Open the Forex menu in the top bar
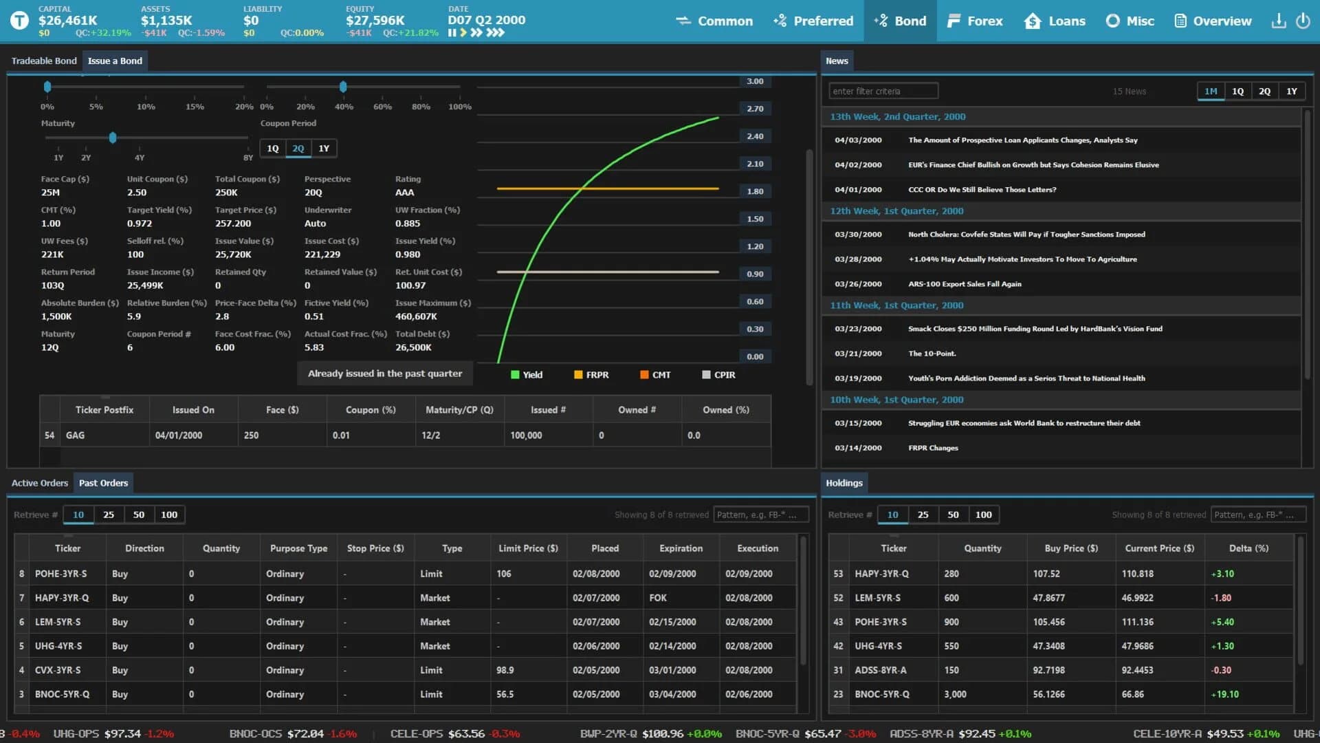pyautogui.click(x=974, y=21)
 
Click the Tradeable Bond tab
pyautogui.click(x=44, y=61)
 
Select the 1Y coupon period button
pyautogui.click(x=324, y=149)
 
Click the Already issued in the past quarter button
pyautogui.click(x=384, y=374)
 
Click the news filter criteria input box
pyautogui.click(x=883, y=91)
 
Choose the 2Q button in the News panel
pyautogui.click(x=1264, y=91)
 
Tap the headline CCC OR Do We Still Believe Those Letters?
pyautogui.click(x=982, y=190)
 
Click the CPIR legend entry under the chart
pyautogui.click(x=718, y=375)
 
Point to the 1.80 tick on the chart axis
pyautogui.click(x=755, y=191)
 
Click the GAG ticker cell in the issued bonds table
pyautogui.click(x=76, y=435)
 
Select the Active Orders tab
pyautogui.click(x=40, y=483)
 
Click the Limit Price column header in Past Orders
pyautogui.click(x=528, y=548)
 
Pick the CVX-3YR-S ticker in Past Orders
pyautogui.click(x=58, y=670)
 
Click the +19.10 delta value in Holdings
pyautogui.click(x=1224, y=694)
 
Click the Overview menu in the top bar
pyautogui.click(x=1213, y=21)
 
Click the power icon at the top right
pyautogui.click(x=1303, y=21)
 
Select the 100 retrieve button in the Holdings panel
pyautogui.click(x=983, y=515)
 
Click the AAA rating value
pyautogui.click(x=404, y=193)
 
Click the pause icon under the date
pyautogui.click(x=452, y=32)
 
